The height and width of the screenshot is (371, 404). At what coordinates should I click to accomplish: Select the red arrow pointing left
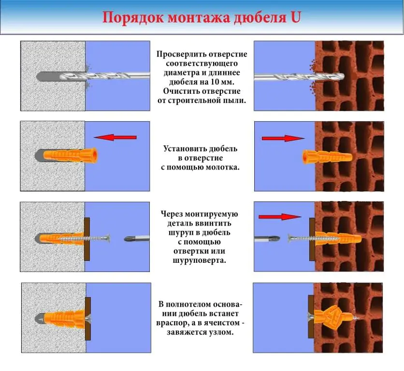115,137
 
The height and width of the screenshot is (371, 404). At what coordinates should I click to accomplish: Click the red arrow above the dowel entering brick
283,138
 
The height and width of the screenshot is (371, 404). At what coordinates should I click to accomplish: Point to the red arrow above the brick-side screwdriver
280,217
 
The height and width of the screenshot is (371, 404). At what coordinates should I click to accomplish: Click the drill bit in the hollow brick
299,77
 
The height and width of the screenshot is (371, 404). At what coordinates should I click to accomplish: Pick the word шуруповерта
200,260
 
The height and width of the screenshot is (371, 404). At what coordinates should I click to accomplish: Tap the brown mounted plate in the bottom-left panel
88,319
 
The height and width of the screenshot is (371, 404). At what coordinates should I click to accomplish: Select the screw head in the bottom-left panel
88,318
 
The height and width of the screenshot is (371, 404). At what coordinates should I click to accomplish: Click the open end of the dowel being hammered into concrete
95,156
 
